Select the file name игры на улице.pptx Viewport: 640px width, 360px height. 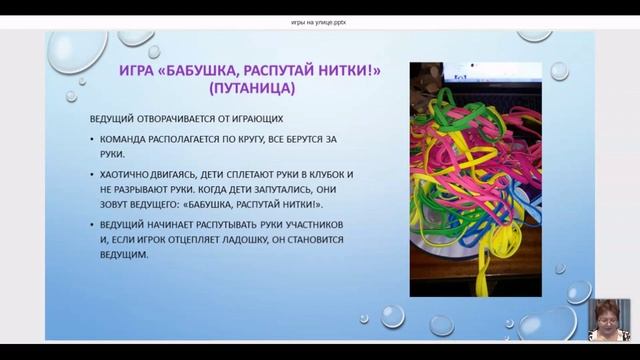[319, 21]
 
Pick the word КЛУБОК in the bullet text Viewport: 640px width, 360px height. [326, 174]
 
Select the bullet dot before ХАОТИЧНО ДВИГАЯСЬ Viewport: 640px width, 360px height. [93, 174]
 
